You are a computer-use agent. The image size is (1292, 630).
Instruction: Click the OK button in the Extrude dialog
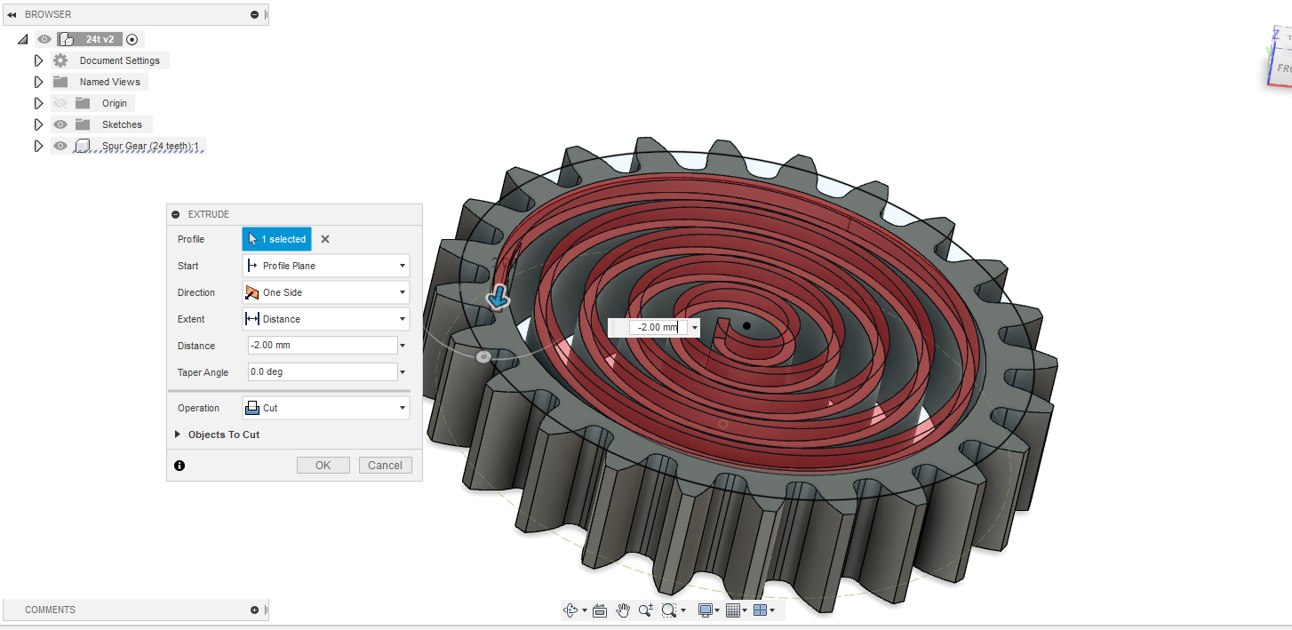click(323, 466)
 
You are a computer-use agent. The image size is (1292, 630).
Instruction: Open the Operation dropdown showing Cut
click(325, 408)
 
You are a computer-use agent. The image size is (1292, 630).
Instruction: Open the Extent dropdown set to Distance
click(325, 319)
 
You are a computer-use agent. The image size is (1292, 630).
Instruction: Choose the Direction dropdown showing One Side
click(325, 292)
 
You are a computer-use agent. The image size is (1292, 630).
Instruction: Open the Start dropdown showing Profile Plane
click(325, 266)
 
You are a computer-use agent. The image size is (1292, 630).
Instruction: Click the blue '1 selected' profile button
click(276, 239)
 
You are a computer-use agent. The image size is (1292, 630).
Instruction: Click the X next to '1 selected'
click(325, 239)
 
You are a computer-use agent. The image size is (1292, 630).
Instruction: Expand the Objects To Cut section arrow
click(178, 435)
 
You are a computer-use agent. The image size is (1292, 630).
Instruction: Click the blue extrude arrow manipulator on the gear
click(498, 299)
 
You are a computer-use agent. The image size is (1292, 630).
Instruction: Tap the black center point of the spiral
click(746, 326)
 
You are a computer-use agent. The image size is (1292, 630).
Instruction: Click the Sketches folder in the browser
click(122, 124)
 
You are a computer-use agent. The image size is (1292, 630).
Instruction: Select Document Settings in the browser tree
click(119, 60)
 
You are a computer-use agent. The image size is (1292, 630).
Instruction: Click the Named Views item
click(109, 82)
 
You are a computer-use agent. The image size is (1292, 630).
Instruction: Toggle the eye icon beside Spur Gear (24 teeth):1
click(60, 146)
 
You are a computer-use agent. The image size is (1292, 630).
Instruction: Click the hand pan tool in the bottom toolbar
click(623, 610)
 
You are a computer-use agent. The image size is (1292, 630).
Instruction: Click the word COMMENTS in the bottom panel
click(50, 610)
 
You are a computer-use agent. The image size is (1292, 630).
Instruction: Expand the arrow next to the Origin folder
click(38, 103)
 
